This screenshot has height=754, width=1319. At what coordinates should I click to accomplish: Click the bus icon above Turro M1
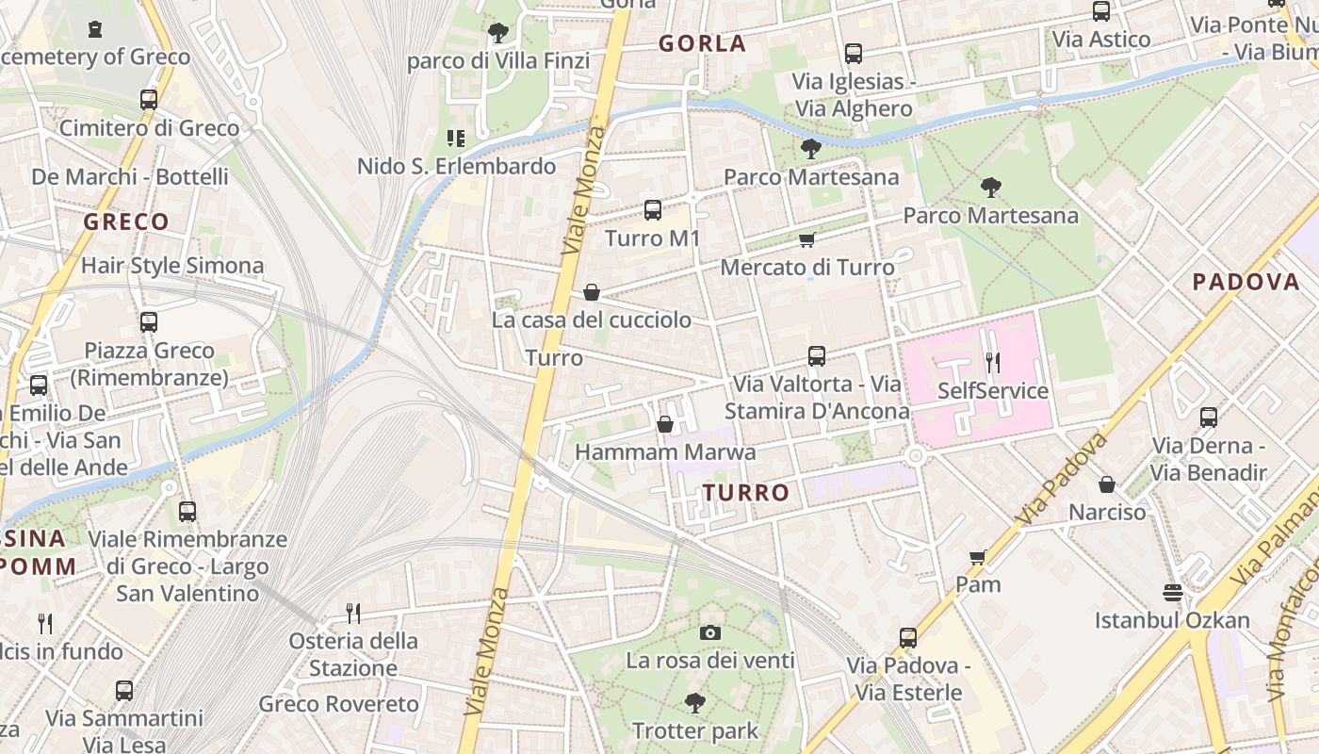[652, 209]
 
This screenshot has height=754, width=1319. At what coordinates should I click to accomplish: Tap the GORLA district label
[702, 43]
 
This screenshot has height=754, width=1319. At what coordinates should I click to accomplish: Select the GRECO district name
[126, 222]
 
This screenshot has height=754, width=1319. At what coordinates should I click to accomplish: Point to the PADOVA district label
[1246, 282]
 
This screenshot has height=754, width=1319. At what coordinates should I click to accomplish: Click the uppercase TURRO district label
[746, 493]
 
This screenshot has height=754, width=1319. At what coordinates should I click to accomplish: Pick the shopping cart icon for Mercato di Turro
[806, 240]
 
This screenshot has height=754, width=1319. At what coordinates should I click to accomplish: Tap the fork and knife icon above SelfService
[992, 362]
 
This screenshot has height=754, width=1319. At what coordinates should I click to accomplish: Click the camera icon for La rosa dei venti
[710, 632]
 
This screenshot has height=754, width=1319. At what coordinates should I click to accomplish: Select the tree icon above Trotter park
[695, 702]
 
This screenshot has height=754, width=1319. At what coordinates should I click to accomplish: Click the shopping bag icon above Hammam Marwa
[665, 424]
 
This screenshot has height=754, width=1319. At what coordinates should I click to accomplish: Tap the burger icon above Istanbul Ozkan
[1172, 592]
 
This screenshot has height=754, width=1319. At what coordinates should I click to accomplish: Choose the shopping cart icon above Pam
[978, 557]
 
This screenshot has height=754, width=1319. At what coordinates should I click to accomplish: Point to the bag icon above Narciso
[1107, 484]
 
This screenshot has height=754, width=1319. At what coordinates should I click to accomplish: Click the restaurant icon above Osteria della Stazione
[353, 614]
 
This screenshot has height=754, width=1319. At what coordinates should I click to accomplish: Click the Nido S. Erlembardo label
[456, 167]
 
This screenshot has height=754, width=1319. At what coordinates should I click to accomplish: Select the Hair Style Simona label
[172, 266]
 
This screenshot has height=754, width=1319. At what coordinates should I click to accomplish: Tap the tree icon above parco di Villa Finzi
[498, 34]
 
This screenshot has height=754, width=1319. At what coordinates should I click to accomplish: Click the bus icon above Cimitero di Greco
[149, 99]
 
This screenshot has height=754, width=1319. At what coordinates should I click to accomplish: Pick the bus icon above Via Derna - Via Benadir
[1209, 417]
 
